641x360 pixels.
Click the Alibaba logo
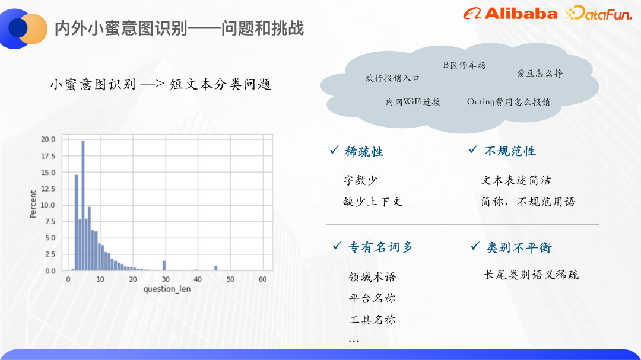(x=510, y=14)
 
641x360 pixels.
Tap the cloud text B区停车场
(x=464, y=65)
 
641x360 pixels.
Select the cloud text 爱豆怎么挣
(x=540, y=74)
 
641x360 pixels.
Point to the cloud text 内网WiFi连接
(x=413, y=102)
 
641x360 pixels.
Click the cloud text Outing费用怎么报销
(x=508, y=102)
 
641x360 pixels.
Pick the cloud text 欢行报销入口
(x=392, y=78)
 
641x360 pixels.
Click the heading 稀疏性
(x=364, y=152)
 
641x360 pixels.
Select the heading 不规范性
(x=510, y=151)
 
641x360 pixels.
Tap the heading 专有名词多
(x=380, y=247)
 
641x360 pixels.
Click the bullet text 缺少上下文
(x=373, y=202)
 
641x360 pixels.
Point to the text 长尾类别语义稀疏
(x=531, y=275)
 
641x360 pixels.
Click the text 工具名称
(x=372, y=320)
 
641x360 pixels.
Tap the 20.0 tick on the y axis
(x=48, y=139)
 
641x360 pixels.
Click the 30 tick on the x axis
(x=166, y=279)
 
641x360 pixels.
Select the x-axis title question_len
(x=167, y=289)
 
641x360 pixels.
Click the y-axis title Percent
(x=33, y=204)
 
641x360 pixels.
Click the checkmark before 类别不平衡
(x=475, y=246)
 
